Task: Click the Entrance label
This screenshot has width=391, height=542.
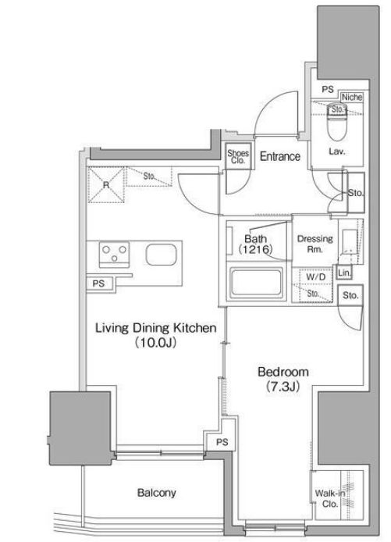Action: (279, 156)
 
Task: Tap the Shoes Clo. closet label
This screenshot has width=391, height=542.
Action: (238, 156)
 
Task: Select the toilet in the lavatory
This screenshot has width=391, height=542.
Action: (337, 122)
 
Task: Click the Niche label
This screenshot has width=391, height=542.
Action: (352, 97)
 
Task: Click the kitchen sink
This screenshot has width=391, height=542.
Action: (161, 255)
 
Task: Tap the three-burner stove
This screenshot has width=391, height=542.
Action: (114, 255)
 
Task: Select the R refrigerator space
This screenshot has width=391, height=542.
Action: (105, 184)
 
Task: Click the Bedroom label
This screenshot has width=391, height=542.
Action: (283, 372)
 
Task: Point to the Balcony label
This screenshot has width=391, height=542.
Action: (156, 493)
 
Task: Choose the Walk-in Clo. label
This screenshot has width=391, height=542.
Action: (330, 498)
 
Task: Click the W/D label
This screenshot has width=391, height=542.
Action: (316, 277)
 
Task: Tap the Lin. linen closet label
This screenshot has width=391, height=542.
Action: (344, 273)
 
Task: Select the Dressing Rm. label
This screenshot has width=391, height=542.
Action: (315, 244)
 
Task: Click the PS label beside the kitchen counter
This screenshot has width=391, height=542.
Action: (98, 283)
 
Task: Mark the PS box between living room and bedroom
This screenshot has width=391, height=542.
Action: (222, 442)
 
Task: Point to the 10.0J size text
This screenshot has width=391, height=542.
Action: (156, 343)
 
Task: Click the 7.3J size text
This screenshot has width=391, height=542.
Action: (283, 387)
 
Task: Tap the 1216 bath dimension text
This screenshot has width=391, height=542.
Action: (256, 249)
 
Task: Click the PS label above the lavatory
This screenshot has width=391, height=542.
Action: (328, 90)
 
